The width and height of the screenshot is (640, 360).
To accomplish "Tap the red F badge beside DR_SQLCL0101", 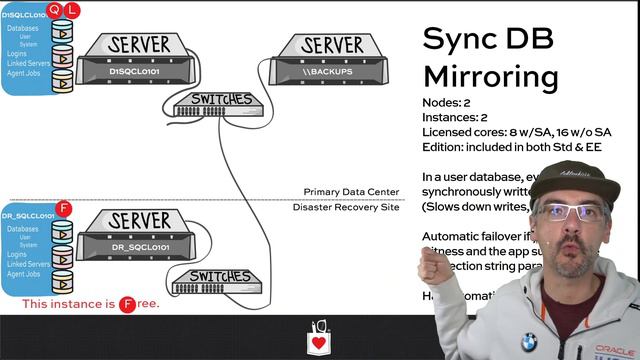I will click(x=64, y=208).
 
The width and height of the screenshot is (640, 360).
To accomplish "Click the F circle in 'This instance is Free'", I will click(x=127, y=304).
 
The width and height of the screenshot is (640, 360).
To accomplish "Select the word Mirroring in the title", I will click(x=490, y=76).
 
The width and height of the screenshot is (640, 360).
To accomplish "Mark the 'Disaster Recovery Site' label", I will click(x=346, y=207).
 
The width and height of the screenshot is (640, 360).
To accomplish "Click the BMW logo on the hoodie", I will click(x=527, y=342).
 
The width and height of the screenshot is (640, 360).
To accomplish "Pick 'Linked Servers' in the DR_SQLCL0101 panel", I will click(x=28, y=264).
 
